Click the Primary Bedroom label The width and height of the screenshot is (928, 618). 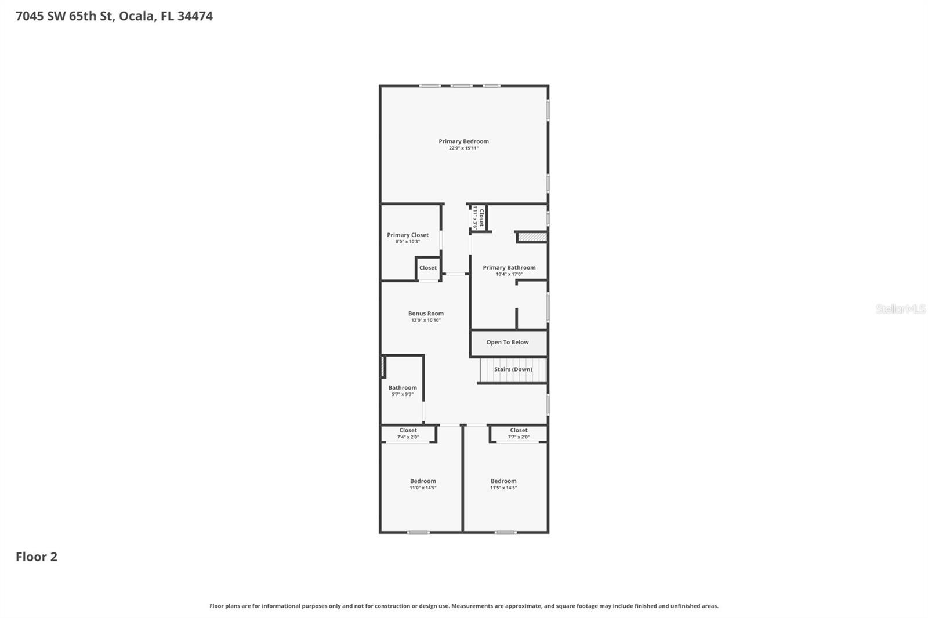point(463,141)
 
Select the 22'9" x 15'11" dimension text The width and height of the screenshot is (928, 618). point(463,148)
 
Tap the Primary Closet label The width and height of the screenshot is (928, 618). point(408,235)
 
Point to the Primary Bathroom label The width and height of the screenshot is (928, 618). point(509,267)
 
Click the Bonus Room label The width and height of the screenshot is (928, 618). point(426,314)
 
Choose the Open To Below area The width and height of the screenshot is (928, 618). point(507,343)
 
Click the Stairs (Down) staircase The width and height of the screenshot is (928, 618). point(513,369)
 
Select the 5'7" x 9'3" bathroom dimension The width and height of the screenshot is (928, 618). point(403,394)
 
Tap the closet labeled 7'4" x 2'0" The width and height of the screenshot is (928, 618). point(408,434)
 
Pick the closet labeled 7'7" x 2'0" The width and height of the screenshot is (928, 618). point(519,434)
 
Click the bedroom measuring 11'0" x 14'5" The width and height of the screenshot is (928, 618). point(423,484)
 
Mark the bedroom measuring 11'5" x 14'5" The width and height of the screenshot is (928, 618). point(503,484)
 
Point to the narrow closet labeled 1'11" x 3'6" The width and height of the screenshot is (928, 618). point(478,217)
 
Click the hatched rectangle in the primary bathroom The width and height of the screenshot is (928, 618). point(532,237)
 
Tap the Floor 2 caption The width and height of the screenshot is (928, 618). point(36,557)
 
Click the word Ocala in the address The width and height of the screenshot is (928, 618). point(137,16)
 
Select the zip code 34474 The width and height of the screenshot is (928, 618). point(195,16)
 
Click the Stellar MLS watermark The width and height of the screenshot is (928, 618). point(900,309)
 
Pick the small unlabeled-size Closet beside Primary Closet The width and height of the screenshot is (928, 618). point(428,268)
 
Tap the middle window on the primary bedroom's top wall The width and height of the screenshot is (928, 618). point(461,86)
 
